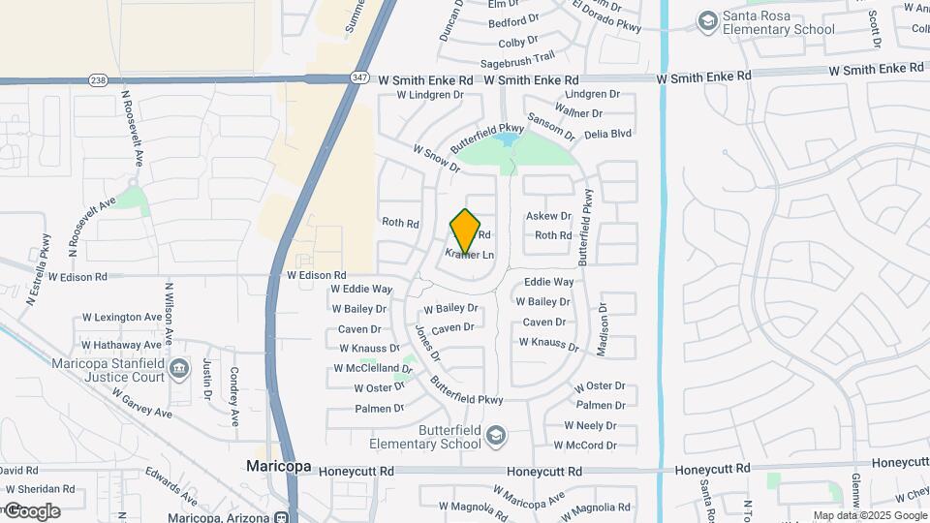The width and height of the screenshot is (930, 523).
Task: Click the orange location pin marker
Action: click(x=465, y=231)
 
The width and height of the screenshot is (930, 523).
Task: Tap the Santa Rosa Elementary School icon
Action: click(x=708, y=19)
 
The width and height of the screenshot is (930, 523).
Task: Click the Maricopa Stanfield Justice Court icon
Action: click(x=178, y=368)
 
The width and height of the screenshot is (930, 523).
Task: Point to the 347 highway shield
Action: click(x=359, y=78)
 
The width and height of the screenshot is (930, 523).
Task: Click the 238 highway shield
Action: click(x=98, y=80)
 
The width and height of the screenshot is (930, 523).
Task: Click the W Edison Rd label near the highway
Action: click(x=316, y=276)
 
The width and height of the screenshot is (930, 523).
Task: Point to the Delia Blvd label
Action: click(x=607, y=133)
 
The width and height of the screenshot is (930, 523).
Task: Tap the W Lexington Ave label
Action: click(x=122, y=317)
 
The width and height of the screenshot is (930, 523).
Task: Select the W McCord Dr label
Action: click(x=584, y=446)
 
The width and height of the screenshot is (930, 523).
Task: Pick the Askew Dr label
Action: click(x=548, y=216)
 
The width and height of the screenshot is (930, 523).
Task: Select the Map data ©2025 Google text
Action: click(x=868, y=516)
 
